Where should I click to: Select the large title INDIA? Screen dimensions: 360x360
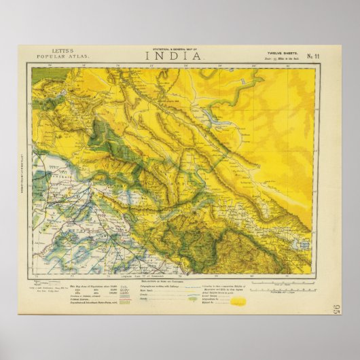(173, 56)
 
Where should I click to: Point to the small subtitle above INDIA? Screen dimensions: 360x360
(173, 50)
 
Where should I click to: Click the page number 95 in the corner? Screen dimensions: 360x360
(338, 310)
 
